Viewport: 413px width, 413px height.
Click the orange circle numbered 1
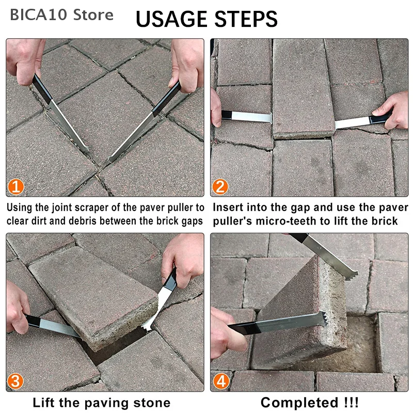pyautogui.click(x=16, y=187)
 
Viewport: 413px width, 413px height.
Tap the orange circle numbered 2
pyautogui.click(x=220, y=187)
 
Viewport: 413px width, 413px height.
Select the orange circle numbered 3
pyautogui.click(x=15, y=382)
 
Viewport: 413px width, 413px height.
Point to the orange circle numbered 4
pyautogui.click(x=221, y=382)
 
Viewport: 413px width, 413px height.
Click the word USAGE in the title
pyautogui.click(x=171, y=19)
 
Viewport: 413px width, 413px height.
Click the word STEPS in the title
pyautogui.click(x=246, y=19)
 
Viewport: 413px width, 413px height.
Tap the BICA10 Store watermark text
pyautogui.click(x=61, y=15)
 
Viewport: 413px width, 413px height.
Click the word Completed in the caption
pyautogui.click(x=299, y=403)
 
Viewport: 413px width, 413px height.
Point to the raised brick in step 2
pyautogui.click(x=303, y=88)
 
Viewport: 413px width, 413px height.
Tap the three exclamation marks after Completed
pyautogui.click(x=351, y=403)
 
